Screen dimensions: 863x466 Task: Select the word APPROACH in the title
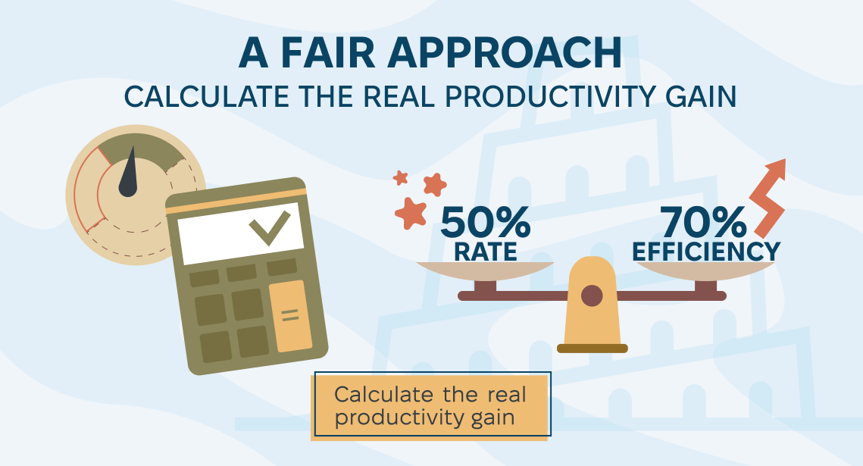(x=505, y=53)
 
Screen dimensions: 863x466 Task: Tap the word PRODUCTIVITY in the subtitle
(x=550, y=97)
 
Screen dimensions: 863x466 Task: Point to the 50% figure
(x=485, y=223)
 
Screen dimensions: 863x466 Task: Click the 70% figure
(x=703, y=223)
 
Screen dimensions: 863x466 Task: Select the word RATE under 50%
(x=486, y=252)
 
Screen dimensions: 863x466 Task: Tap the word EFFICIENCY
(x=705, y=252)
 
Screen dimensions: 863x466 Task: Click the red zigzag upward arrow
(x=768, y=199)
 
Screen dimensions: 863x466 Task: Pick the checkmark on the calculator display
(x=270, y=227)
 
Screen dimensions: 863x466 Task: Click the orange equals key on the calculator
(x=290, y=316)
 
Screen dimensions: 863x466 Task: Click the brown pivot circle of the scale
(x=592, y=296)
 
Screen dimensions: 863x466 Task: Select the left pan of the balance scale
(x=485, y=271)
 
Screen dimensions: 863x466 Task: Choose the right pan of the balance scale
(x=705, y=271)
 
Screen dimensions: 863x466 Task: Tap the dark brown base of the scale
(x=593, y=349)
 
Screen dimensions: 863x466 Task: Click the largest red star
(x=411, y=213)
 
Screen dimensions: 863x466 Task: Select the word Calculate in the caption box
(x=383, y=395)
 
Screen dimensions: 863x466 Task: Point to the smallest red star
(x=400, y=178)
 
